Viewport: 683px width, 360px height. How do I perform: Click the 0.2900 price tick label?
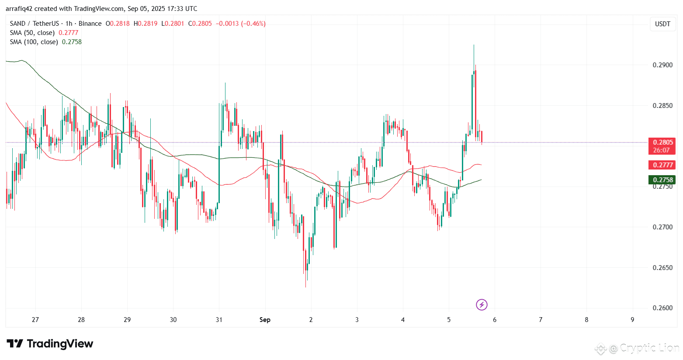tap(662, 65)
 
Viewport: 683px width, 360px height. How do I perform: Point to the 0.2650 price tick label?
tap(662, 267)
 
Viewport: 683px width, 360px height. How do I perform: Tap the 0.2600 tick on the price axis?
tap(662, 308)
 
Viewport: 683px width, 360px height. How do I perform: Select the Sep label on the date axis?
tap(265, 320)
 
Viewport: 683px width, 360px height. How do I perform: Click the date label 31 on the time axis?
tap(219, 320)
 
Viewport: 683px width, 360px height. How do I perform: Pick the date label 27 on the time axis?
tap(35, 320)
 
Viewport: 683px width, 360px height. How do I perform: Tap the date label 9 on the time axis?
tap(632, 320)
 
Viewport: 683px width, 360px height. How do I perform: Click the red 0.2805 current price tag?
tap(662, 142)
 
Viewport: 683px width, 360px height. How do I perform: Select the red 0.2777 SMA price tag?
tap(662, 165)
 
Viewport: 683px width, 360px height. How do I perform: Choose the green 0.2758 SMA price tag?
tap(662, 180)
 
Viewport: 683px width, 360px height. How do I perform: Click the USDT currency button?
tap(662, 24)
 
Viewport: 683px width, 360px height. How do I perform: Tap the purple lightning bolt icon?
tap(482, 305)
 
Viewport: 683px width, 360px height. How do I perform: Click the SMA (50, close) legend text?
tap(32, 33)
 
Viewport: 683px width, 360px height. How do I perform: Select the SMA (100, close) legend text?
tap(34, 42)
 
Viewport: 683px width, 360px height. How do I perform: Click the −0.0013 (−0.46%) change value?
tap(241, 24)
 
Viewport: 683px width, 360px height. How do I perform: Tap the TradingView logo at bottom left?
tap(50, 344)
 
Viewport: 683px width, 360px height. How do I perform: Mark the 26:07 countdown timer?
tap(661, 150)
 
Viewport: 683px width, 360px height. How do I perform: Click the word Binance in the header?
tap(90, 24)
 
